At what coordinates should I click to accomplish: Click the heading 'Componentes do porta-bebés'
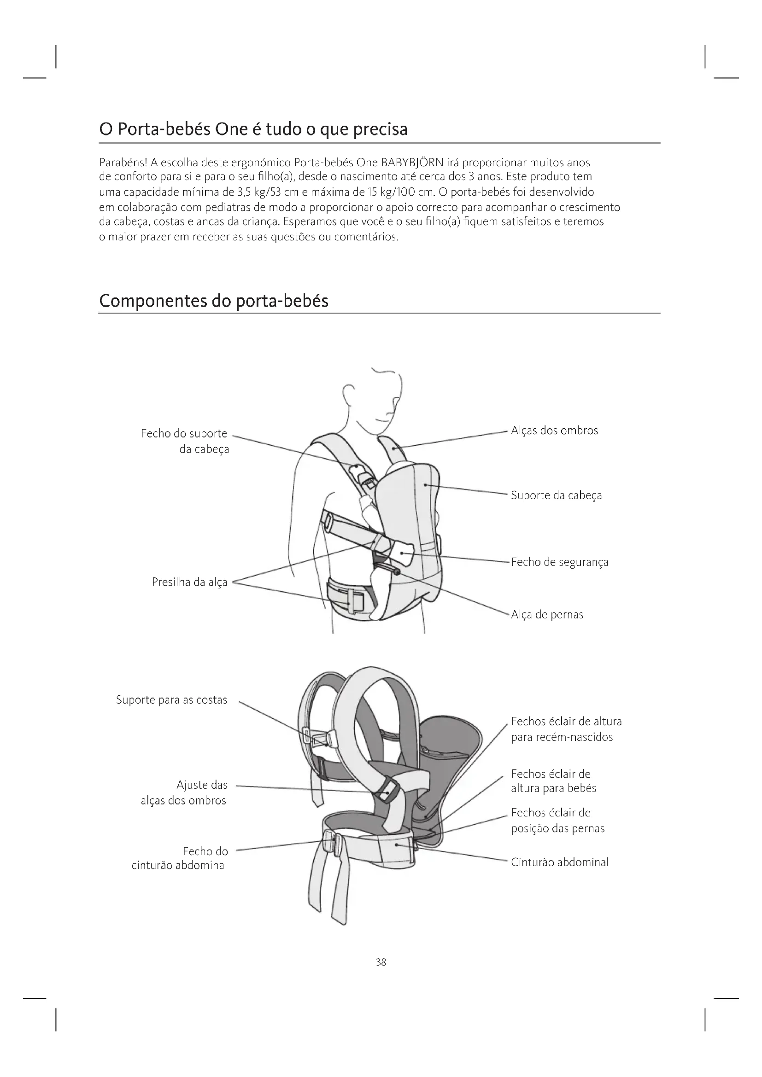click(213, 301)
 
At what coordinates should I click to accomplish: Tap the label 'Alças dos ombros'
click(554, 431)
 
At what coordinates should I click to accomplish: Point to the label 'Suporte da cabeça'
click(556, 495)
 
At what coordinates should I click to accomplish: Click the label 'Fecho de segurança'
click(559, 562)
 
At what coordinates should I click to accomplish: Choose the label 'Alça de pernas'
click(547, 615)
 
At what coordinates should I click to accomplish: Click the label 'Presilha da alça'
click(189, 582)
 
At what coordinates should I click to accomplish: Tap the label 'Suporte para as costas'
click(171, 700)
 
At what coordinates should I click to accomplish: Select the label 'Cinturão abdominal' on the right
click(559, 862)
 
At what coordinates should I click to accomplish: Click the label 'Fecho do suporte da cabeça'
click(185, 441)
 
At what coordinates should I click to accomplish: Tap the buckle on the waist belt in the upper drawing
click(356, 601)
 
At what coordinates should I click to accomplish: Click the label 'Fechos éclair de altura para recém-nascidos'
click(566, 729)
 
